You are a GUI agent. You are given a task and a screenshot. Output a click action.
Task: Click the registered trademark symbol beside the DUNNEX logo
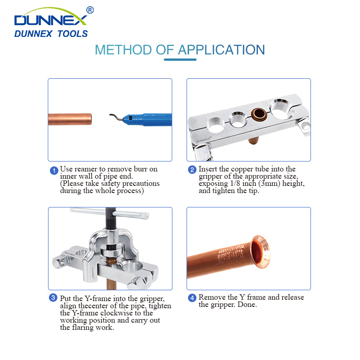pyautogui.click(x=90, y=10)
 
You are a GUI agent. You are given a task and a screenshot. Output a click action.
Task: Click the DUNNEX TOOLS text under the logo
pyautogui.click(x=51, y=34)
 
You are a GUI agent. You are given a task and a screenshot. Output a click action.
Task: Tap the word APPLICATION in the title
pyautogui.click(x=221, y=49)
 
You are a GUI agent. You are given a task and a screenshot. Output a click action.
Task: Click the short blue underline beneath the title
pyautogui.click(x=180, y=59)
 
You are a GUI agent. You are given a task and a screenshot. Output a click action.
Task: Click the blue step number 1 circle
pyautogui.click(x=54, y=170)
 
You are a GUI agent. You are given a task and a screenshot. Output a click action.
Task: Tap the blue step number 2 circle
pyautogui.click(x=192, y=170)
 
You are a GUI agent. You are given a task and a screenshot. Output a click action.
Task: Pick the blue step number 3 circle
pyautogui.click(x=54, y=298)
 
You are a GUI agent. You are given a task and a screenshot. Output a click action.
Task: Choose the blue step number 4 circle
pyautogui.click(x=192, y=298)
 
